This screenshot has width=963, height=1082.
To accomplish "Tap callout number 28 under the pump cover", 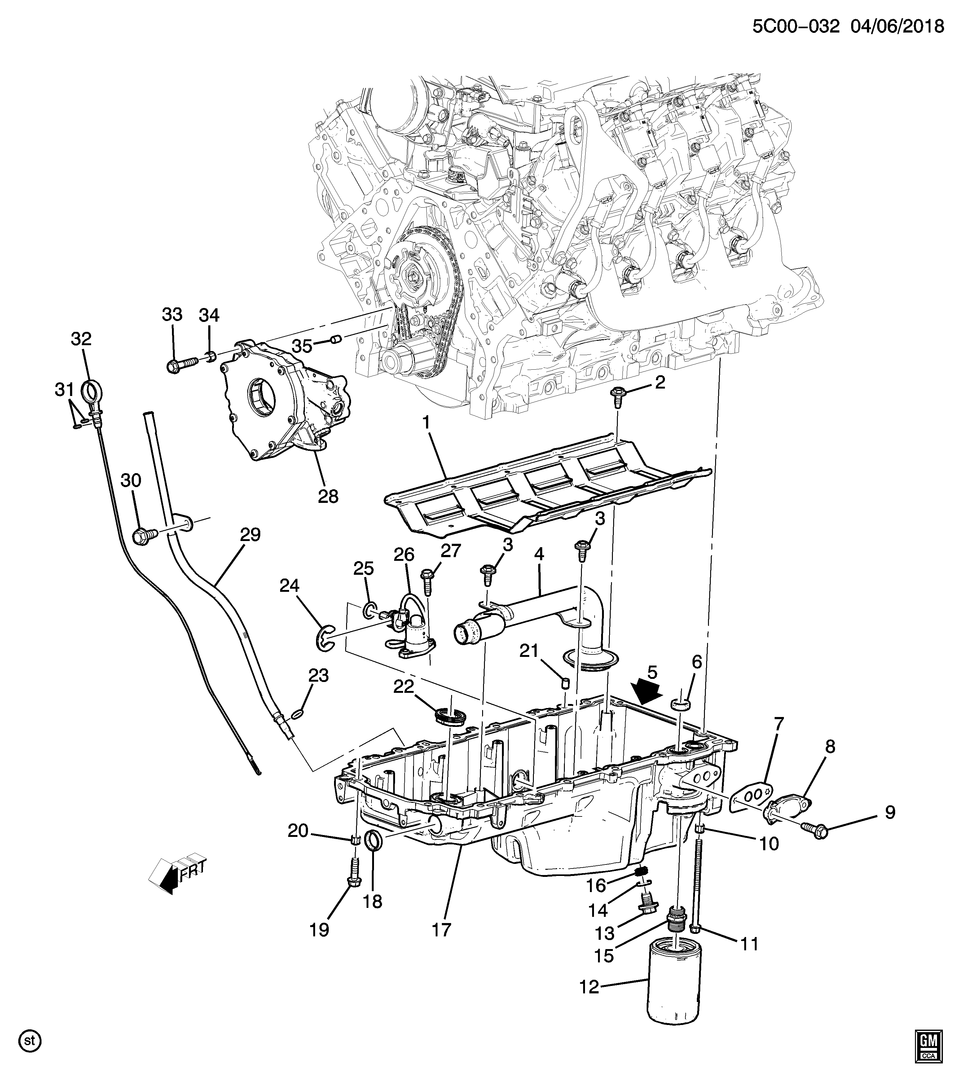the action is click(328, 496).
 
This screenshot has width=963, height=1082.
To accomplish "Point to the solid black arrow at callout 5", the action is click(647, 690).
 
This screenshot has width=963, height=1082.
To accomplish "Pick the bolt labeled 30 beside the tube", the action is click(146, 536).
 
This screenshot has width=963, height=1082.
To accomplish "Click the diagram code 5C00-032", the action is click(796, 25).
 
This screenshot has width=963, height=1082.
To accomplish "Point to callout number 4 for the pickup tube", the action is click(539, 554).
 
